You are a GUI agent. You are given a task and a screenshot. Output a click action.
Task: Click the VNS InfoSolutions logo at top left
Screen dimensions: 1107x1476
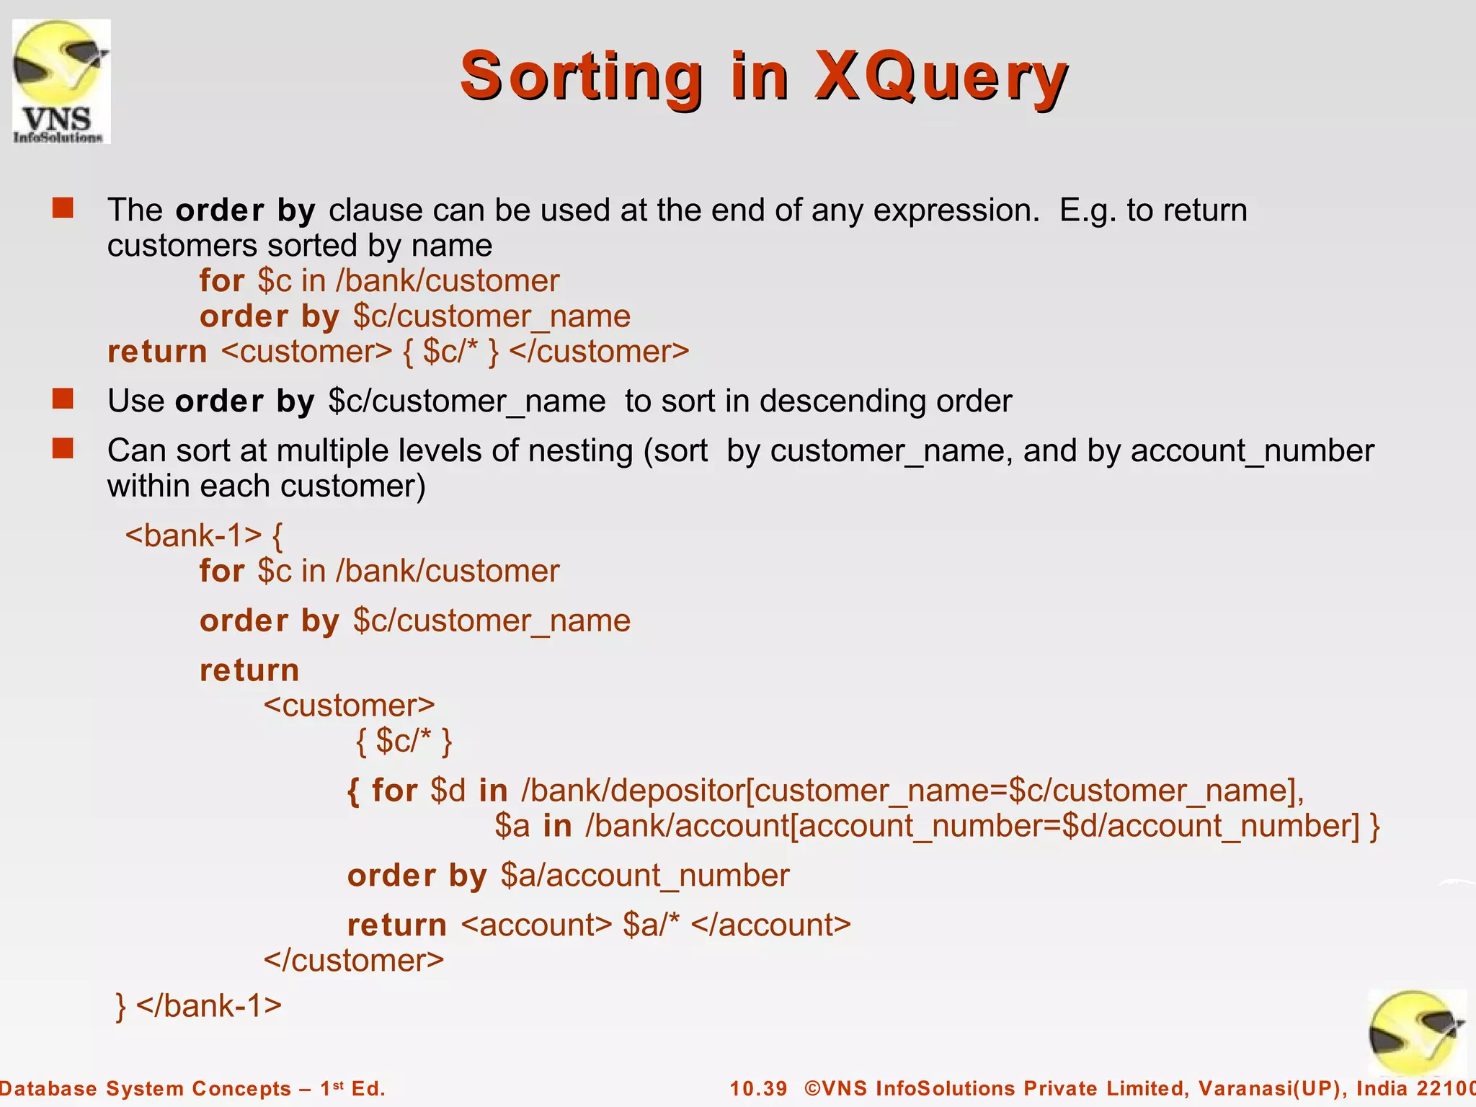[61, 81]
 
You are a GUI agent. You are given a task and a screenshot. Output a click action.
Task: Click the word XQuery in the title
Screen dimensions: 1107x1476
[941, 76]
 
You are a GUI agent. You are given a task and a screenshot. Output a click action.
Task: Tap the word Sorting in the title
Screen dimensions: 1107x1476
[581, 76]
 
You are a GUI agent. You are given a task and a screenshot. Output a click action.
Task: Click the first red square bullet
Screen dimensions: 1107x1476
[63, 208]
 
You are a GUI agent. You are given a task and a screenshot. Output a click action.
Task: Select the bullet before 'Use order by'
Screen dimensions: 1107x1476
[63, 399]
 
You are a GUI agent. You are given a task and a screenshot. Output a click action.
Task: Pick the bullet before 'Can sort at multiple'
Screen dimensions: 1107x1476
[63, 448]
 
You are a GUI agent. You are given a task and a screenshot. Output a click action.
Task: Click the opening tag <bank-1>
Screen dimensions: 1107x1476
[193, 535]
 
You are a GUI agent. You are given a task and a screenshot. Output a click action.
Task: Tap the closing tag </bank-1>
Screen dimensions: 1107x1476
[208, 1005]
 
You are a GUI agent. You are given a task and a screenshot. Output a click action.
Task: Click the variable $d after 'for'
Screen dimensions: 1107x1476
[448, 791]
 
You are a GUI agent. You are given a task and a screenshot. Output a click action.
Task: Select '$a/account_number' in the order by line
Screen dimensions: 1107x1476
[645, 876]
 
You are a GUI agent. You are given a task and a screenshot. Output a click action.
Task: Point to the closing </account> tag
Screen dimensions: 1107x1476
[770, 925]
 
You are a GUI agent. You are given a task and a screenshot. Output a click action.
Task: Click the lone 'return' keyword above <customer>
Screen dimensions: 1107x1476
[249, 670]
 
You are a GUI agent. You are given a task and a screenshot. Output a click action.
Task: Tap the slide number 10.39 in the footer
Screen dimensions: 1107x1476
[758, 1088]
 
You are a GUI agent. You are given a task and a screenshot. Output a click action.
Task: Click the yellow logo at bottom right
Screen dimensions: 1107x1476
[1415, 1032]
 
